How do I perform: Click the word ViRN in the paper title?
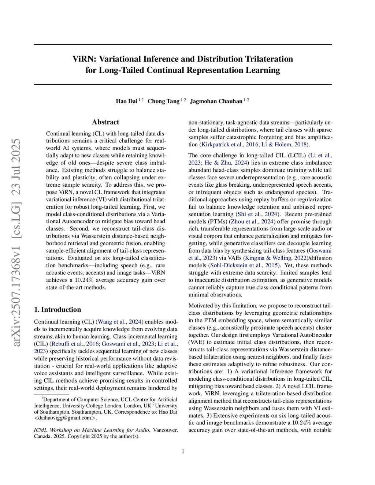84,59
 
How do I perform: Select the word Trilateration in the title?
261,59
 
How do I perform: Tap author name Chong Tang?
163,101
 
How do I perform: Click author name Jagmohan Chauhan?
216,101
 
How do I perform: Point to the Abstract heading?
105,122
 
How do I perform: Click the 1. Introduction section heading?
57,310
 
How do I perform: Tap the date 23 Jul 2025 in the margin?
16,167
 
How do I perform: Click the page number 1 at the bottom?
183,451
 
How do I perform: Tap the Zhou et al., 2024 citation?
252,221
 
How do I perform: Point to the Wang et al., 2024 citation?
120,322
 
